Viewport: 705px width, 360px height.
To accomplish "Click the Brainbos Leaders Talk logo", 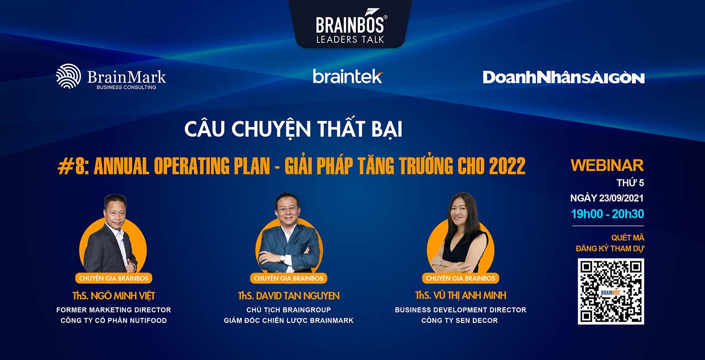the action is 350,26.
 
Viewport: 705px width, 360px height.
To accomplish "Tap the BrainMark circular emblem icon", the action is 68,76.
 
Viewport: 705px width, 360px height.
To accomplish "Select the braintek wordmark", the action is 348,76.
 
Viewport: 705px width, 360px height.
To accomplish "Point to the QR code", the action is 611,291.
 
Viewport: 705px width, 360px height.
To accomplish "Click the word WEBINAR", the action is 607,165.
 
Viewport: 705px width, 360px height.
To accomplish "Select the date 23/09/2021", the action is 621,198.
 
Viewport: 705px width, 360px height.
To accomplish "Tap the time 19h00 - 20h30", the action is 607,214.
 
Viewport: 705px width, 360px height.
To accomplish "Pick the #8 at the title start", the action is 71,166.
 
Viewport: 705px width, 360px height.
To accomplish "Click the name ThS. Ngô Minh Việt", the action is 114,296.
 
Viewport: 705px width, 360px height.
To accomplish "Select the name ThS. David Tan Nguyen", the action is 289,296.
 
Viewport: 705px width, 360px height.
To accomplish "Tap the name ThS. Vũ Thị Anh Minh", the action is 461,296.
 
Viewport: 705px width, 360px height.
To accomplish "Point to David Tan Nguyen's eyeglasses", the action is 287,209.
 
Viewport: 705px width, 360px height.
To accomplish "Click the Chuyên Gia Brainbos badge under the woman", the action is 461,278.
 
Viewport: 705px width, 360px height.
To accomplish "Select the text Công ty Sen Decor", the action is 460,321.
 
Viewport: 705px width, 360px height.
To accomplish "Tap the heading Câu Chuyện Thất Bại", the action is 293,129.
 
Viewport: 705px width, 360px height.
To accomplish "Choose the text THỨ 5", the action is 630,183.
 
